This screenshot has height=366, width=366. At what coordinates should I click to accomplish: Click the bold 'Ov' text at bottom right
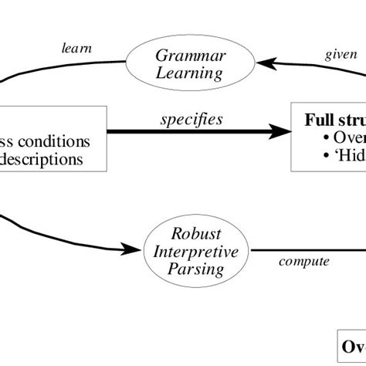tap(353, 345)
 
